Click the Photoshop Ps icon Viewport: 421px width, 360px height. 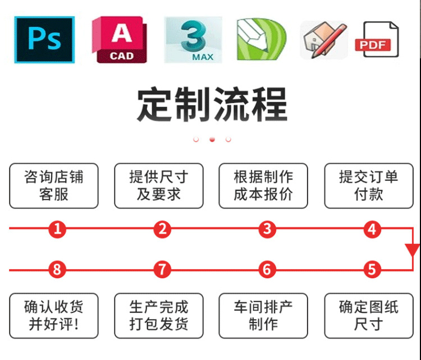point(44,40)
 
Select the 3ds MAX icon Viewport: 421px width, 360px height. point(193,39)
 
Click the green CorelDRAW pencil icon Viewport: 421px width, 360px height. point(261,40)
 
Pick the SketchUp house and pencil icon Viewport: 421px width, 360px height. point(323,40)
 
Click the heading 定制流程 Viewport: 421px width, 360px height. point(212,104)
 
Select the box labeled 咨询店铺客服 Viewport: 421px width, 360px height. point(54,186)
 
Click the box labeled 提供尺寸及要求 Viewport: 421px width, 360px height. point(159,186)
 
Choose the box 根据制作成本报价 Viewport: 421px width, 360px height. point(263,186)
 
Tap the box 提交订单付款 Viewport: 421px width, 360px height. point(368,186)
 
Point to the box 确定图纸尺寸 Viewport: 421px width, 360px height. point(368,316)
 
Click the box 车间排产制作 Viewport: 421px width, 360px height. point(263,316)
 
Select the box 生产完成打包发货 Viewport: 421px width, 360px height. point(159,316)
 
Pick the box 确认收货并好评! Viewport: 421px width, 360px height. point(54,316)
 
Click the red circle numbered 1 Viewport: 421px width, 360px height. point(57,229)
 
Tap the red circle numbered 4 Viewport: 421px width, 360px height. point(372,229)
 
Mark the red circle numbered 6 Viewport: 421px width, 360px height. point(267,270)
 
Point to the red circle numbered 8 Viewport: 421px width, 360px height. point(57,270)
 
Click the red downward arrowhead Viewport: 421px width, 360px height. point(413,249)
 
